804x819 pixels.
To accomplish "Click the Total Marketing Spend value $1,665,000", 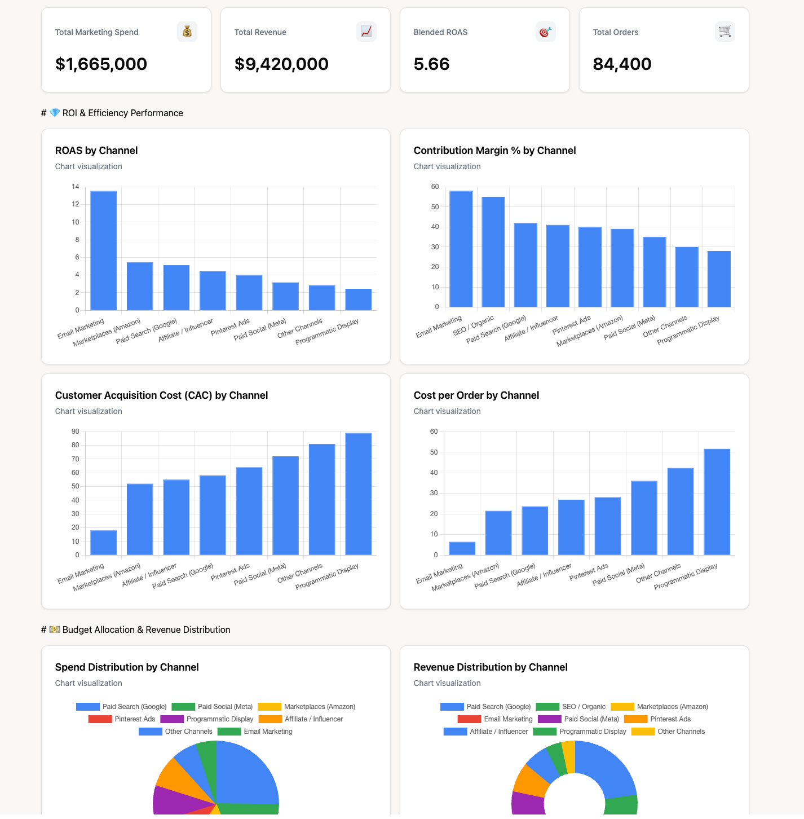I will (x=101, y=64).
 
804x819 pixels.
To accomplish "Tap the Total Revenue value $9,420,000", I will (x=281, y=64).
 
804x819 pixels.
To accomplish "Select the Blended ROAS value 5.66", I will (x=431, y=64).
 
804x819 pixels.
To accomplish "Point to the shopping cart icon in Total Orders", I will (x=725, y=32).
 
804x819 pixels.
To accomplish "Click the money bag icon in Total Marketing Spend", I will (x=187, y=32).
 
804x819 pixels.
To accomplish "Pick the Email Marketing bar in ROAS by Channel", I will (x=104, y=250).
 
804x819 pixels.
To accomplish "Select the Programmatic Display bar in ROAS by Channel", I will (x=359, y=300).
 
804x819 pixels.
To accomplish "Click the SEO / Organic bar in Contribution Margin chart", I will (x=493, y=252).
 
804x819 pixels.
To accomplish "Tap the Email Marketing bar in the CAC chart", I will (x=104, y=543).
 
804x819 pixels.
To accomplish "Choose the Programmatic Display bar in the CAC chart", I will (x=359, y=494).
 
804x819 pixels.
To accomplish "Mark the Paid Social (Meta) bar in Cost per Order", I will (x=644, y=518).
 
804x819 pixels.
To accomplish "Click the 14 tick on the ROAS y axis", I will (x=76, y=187).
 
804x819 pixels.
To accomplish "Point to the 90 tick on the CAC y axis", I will (x=76, y=431).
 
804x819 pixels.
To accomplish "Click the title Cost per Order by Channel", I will (x=476, y=395).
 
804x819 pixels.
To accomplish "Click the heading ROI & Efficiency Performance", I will (x=122, y=113).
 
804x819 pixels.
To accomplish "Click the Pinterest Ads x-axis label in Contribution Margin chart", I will (x=571, y=325).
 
